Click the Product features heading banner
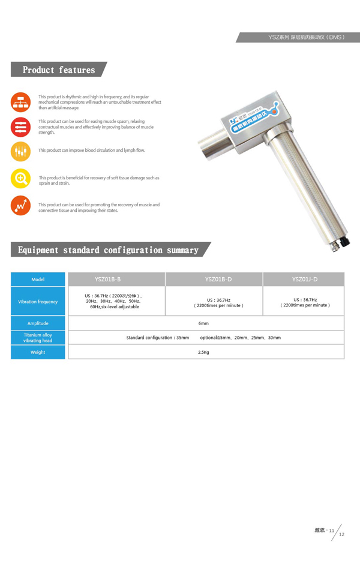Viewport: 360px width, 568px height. (59, 70)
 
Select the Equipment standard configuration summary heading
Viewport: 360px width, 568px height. (108, 250)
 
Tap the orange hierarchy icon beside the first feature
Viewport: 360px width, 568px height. (20, 103)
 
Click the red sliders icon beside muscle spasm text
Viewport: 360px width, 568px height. (20, 127)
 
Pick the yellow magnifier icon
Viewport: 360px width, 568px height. (20, 178)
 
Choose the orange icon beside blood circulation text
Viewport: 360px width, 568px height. (20, 151)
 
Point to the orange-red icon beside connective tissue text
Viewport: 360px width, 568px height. (20, 205)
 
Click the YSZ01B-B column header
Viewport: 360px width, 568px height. (107, 279)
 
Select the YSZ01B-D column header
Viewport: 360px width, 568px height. (214, 279)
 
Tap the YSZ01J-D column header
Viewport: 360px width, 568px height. (304, 279)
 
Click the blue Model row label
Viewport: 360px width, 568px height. (38, 279)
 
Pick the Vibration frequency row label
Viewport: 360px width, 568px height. (38, 302)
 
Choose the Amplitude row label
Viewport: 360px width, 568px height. (38, 323)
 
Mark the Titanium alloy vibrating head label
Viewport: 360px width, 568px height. (38, 338)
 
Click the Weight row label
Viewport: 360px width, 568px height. (38, 352)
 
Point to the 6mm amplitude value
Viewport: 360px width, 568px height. (203, 323)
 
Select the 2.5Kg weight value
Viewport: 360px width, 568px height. (203, 352)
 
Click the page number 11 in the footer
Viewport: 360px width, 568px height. (331, 530)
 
